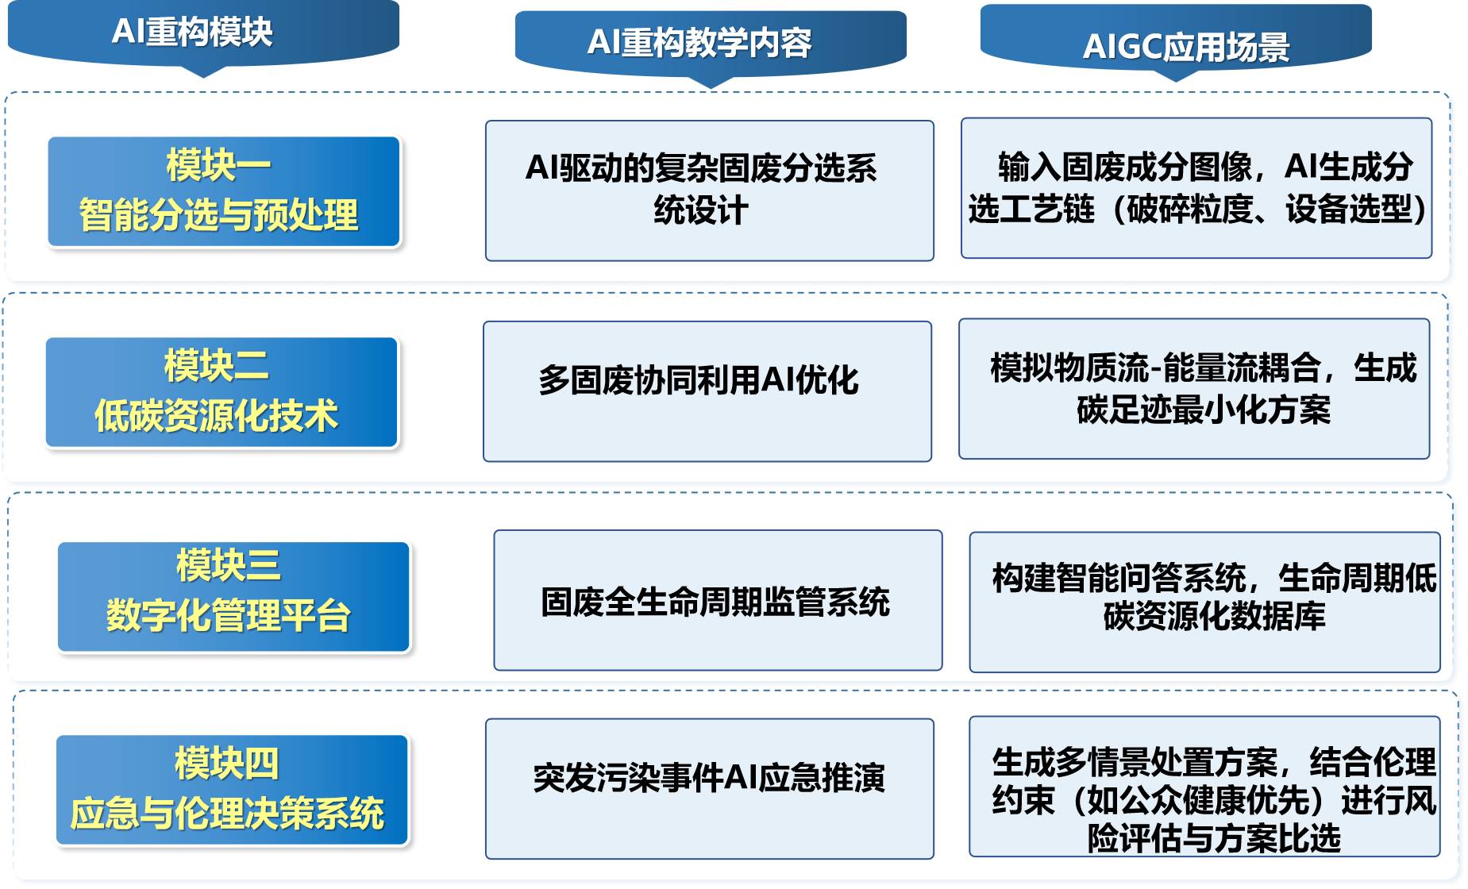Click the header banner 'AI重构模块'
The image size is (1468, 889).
pyautogui.click(x=203, y=36)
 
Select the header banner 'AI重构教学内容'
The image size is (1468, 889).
pyautogui.click(x=711, y=45)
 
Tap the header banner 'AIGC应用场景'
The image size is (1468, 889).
pyautogui.click(x=1176, y=41)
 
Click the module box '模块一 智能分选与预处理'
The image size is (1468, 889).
pyautogui.click(x=224, y=191)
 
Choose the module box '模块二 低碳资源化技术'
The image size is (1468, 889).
pyautogui.click(x=222, y=392)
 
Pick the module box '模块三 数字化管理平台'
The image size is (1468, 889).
pyautogui.click(x=233, y=597)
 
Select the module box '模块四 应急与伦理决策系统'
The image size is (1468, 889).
pyautogui.click(x=232, y=791)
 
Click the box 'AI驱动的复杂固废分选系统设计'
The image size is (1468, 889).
pyautogui.click(x=710, y=190)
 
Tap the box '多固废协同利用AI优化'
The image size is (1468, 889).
pyautogui.click(x=707, y=391)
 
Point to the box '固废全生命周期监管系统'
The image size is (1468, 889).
pyautogui.click(x=718, y=600)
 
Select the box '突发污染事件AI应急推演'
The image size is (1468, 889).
pyautogui.click(x=710, y=789)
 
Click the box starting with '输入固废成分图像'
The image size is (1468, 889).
pyautogui.click(x=1196, y=188)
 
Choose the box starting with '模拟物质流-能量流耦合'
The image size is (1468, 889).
pyautogui.click(x=1194, y=389)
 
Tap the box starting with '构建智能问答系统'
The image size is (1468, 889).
pyautogui.click(x=1204, y=602)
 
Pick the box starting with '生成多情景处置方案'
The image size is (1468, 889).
pyautogui.click(x=1204, y=787)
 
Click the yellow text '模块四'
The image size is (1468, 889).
pyautogui.click(x=227, y=764)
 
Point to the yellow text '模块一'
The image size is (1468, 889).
pyautogui.click(x=218, y=165)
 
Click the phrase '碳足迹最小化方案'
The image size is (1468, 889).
pyautogui.click(x=1204, y=410)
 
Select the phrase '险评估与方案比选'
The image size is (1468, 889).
pyautogui.click(x=1214, y=838)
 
